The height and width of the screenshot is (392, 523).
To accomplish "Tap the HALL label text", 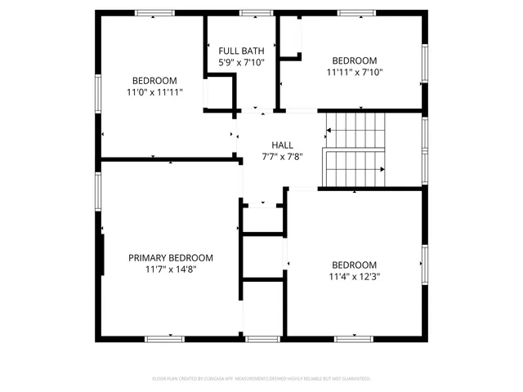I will [271, 145].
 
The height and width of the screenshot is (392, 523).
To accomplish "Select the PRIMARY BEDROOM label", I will [171, 257].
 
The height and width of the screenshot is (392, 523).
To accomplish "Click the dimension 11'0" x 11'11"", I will [154, 92].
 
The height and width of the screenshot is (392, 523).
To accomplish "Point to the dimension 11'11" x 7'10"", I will [355, 72].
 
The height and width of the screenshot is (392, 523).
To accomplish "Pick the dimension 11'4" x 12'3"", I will [355, 276].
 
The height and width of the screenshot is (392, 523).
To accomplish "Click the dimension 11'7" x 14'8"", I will [171, 269].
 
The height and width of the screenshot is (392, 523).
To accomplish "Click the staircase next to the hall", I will [355, 149].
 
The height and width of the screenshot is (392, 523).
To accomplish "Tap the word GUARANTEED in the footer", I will [355, 379].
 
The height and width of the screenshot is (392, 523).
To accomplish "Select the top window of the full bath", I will [255, 13].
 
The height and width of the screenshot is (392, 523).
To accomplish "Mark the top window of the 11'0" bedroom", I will [154, 13].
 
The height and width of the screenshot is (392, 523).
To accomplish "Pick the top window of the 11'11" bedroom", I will [356, 13].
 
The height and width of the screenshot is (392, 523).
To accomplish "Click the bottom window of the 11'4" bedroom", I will [355, 338].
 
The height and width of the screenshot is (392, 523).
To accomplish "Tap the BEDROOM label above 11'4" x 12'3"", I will [355, 265].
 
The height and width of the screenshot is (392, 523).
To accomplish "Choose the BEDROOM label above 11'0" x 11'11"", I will [154, 80].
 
